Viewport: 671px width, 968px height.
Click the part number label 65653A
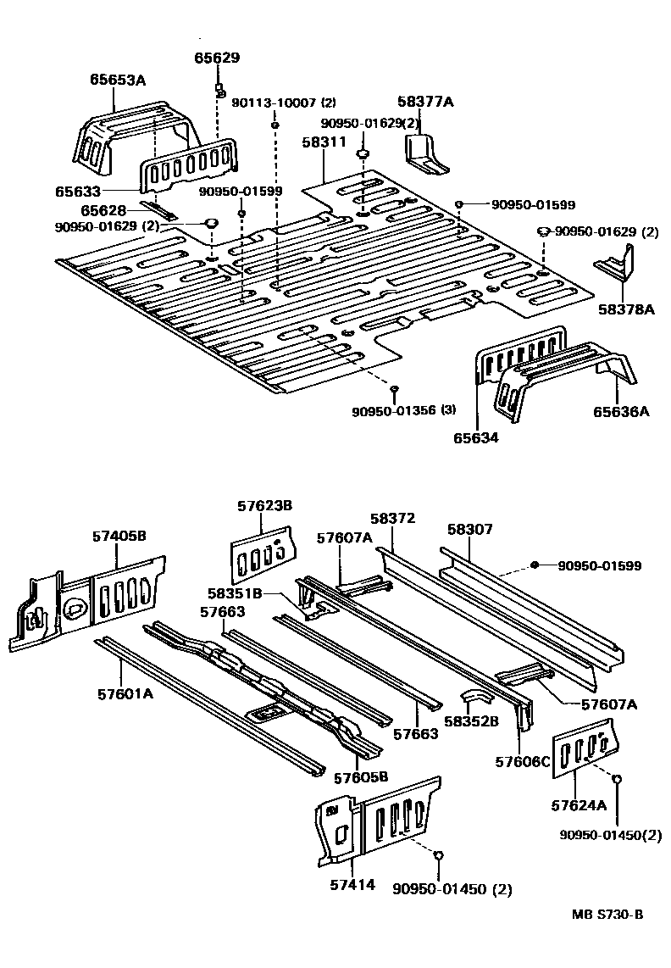118,81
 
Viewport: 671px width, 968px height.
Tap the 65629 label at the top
217,58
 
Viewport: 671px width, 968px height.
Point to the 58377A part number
425,103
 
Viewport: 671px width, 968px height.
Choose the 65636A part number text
621,412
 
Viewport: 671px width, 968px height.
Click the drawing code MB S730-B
607,914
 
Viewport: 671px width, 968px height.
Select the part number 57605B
361,776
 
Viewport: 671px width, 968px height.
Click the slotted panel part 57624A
583,747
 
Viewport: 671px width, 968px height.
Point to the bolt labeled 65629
219,90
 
